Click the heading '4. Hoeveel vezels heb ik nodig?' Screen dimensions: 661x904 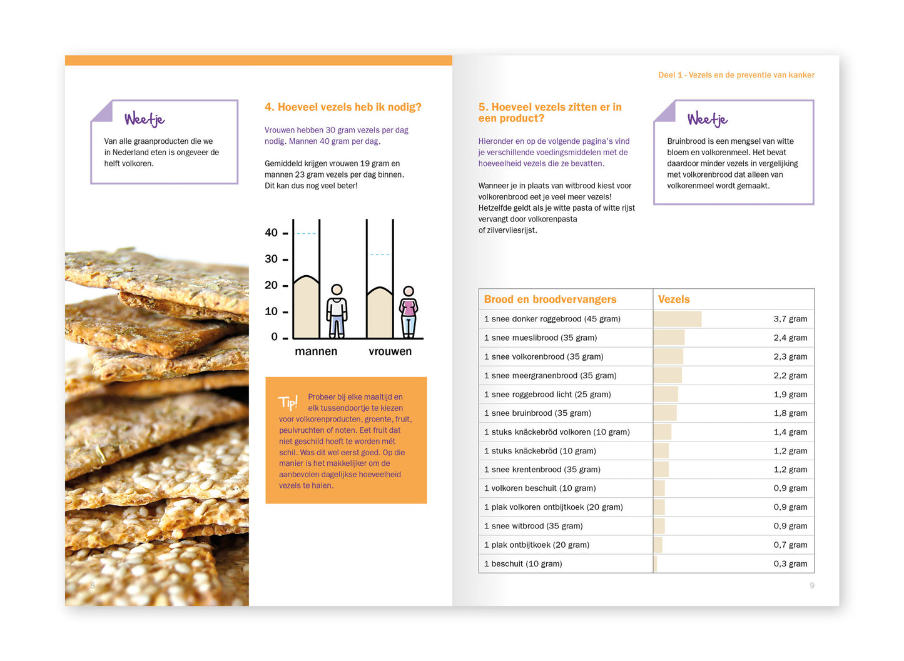(343, 107)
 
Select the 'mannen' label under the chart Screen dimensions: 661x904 (316, 351)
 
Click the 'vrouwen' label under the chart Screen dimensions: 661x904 (390, 351)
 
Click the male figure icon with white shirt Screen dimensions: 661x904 (337, 311)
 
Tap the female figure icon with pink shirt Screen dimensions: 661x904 (409, 311)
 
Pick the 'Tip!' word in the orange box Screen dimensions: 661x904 (288, 402)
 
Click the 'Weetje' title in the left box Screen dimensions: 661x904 (145, 119)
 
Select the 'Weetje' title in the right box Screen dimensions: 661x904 (708, 119)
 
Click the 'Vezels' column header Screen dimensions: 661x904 (674, 300)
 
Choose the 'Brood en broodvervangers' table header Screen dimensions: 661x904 (550, 300)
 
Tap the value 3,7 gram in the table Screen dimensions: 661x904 (790, 319)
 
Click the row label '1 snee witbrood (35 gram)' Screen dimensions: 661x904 (533, 526)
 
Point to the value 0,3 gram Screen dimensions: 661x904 (790, 563)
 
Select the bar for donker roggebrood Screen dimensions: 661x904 (678, 319)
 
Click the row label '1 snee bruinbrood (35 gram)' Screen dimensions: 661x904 (537, 413)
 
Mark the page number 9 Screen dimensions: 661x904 (812, 585)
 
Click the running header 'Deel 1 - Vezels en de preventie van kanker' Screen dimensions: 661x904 (736, 75)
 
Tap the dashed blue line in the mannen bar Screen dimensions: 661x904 (307, 233)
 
